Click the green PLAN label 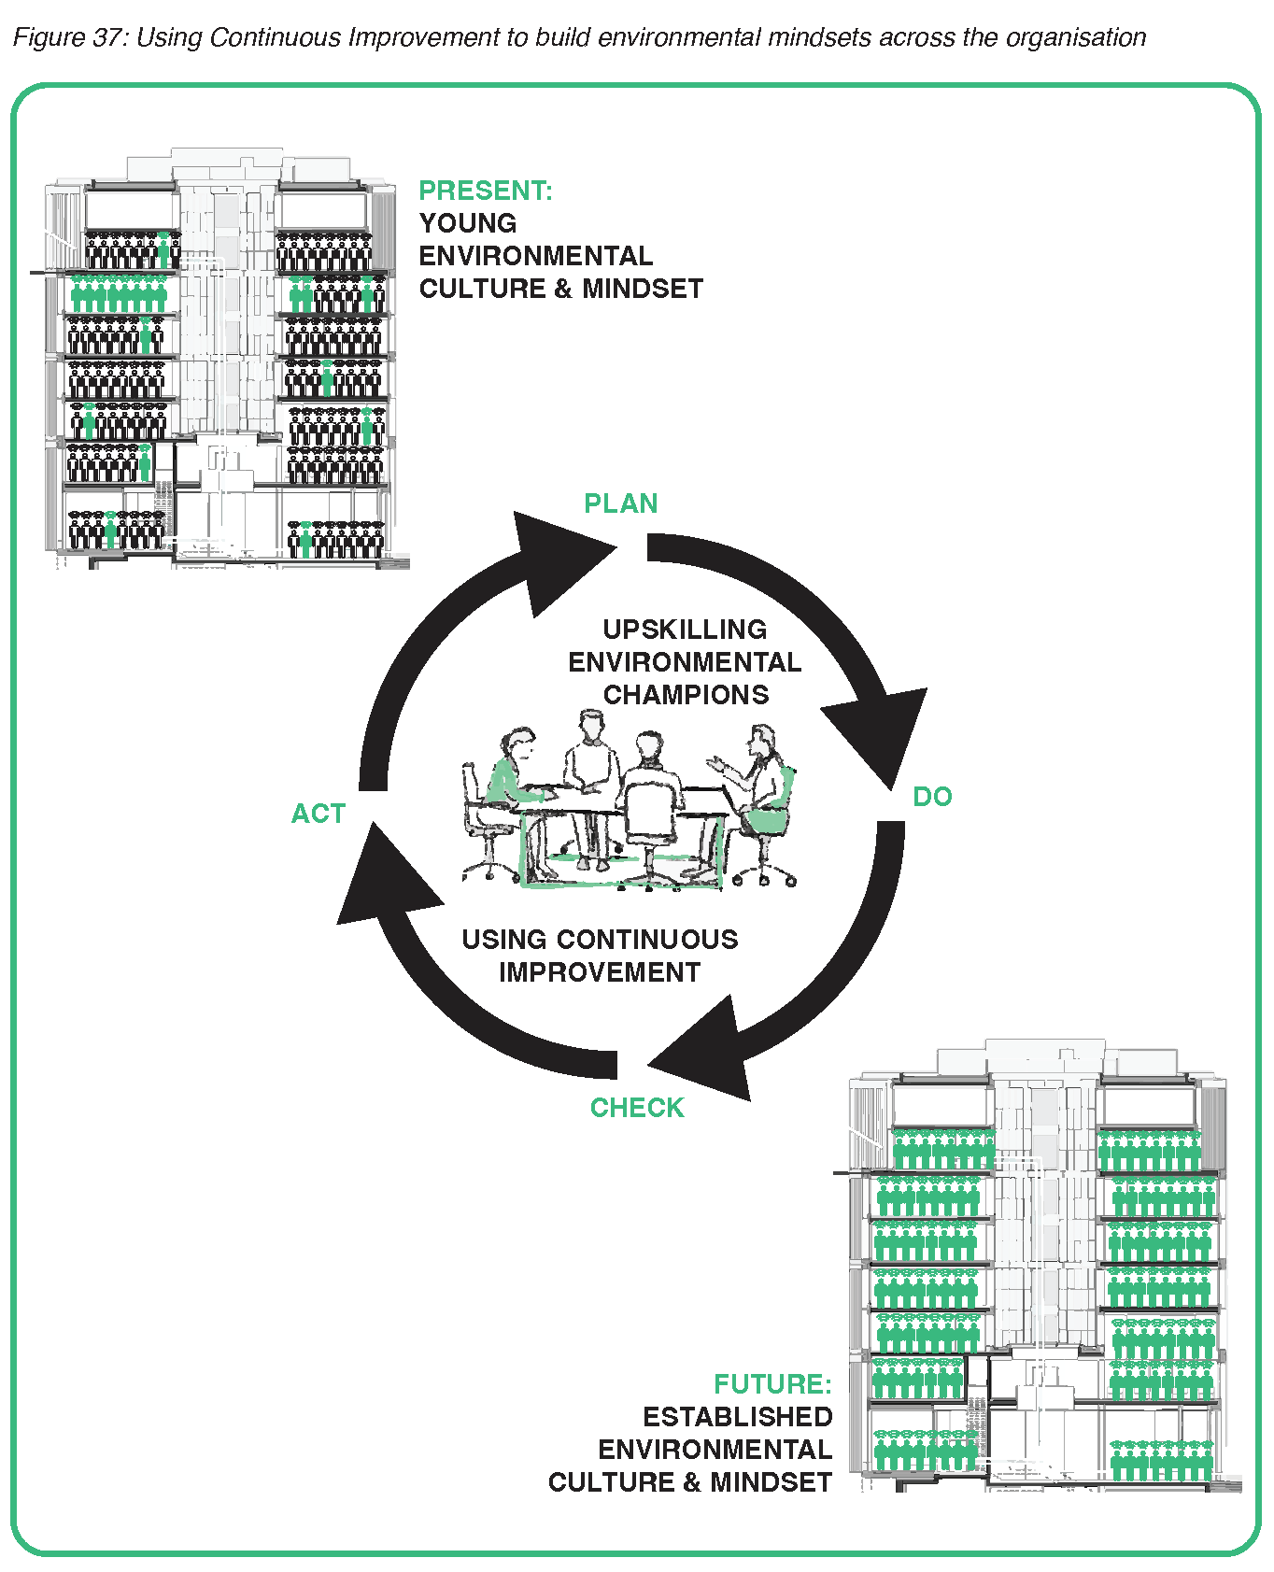621,503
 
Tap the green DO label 932,797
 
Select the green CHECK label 637,1108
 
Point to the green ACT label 318,814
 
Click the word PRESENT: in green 486,191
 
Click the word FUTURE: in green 772,1383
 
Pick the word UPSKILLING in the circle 685,630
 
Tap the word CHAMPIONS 686,695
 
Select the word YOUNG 468,223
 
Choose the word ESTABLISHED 737,1417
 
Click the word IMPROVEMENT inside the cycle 600,972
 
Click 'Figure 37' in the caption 67,37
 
